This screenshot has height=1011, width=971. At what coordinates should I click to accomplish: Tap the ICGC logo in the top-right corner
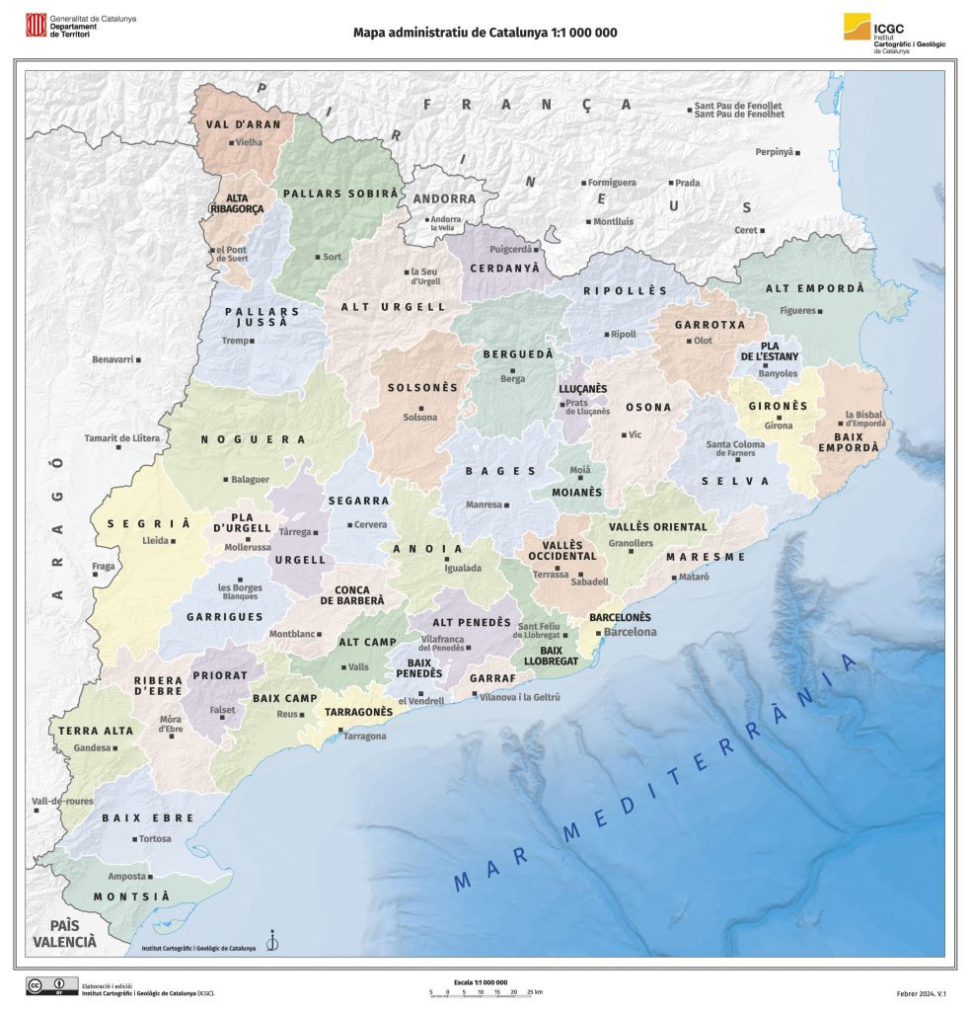pyautogui.click(x=857, y=28)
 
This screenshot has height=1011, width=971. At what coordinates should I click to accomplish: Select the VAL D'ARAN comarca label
pyautogui.click(x=244, y=124)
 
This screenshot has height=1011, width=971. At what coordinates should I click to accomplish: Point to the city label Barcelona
pyautogui.click(x=630, y=632)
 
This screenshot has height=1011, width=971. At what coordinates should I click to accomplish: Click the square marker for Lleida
pyautogui.click(x=174, y=541)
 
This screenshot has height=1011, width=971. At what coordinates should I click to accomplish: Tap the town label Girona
pyautogui.click(x=778, y=426)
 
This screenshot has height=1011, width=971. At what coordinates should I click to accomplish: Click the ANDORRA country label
pyautogui.click(x=444, y=198)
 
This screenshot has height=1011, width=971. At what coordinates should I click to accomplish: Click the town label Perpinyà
pyautogui.click(x=775, y=152)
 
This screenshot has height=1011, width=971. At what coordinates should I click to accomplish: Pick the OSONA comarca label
pyautogui.click(x=648, y=407)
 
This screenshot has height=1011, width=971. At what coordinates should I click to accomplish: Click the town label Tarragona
pyautogui.click(x=365, y=737)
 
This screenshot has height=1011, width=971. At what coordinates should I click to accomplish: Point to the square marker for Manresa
pyautogui.click(x=507, y=505)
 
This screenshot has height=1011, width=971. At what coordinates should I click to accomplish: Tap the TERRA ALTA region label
pyautogui.click(x=96, y=732)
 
